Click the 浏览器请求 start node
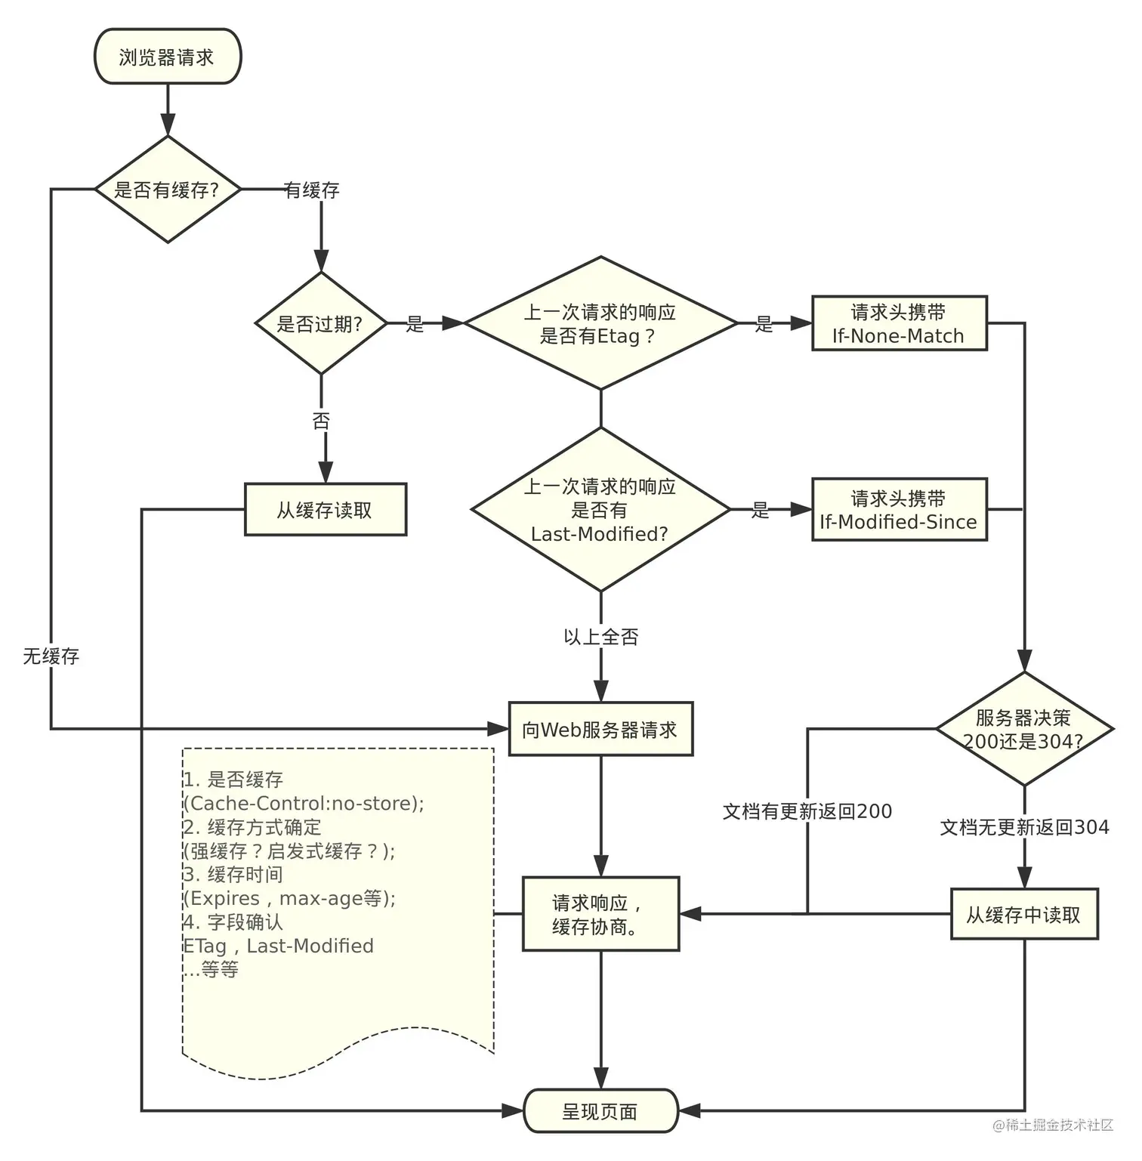(167, 57)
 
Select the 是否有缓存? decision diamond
(167, 190)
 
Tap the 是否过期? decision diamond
(320, 324)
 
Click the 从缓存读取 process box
(325, 510)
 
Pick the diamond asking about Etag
(600, 323)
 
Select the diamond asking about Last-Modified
(600, 510)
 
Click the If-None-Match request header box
(899, 324)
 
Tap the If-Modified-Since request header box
(899, 510)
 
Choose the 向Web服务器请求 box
(600, 730)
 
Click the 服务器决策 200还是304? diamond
(1024, 730)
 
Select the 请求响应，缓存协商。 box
(600, 914)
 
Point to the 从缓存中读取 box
(1024, 915)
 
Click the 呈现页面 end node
(600, 1111)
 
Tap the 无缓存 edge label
(51, 656)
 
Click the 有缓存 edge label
(312, 190)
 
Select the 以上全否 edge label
(601, 637)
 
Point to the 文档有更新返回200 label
(807, 811)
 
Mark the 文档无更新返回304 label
(1024, 827)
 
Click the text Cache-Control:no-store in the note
(302, 803)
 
